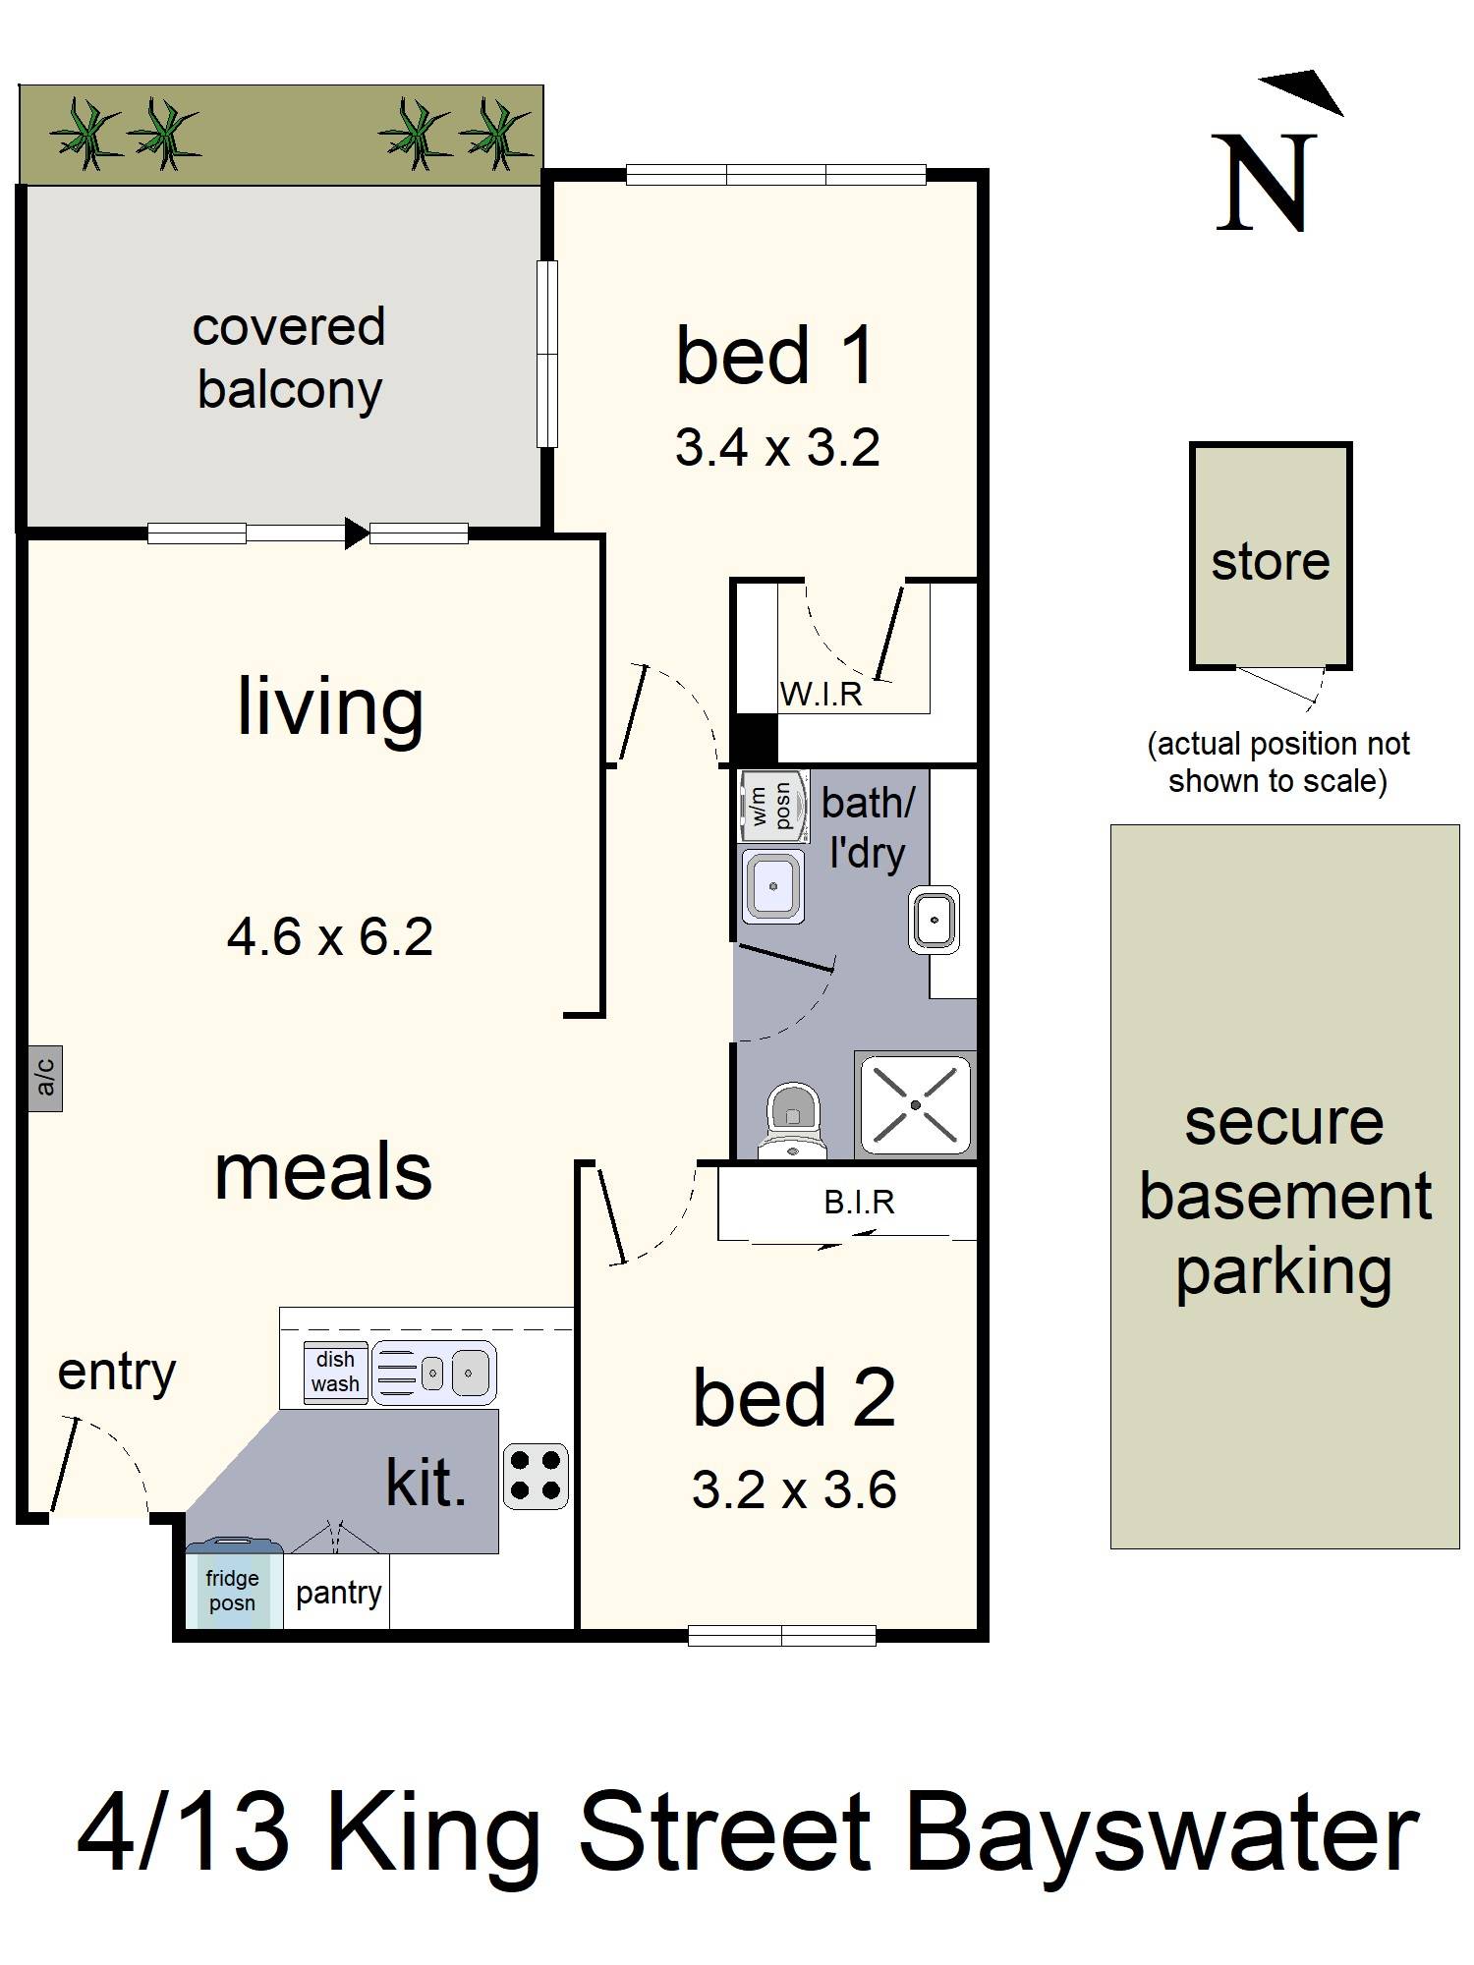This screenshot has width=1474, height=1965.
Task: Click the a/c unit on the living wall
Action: click(45, 1078)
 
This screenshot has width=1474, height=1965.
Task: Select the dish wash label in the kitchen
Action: click(335, 1372)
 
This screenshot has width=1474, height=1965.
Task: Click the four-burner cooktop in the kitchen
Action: click(536, 1476)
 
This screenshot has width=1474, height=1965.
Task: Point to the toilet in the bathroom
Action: click(794, 1120)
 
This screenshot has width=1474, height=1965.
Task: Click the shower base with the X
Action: click(915, 1104)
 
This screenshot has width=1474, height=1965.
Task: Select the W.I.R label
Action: click(821, 695)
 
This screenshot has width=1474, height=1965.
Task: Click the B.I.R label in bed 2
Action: click(859, 1203)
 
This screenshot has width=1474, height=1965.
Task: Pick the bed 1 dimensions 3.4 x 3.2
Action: click(776, 448)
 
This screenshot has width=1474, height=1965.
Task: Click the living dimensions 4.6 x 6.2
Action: click(329, 936)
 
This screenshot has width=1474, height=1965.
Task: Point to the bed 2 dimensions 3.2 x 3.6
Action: click(793, 1489)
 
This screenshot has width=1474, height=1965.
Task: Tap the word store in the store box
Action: click(1270, 561)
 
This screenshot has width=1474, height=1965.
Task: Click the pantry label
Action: click(338, 1593)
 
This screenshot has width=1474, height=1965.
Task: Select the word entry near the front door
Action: click(116, 1372)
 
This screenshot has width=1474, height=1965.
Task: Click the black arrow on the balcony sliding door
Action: click(356, 533)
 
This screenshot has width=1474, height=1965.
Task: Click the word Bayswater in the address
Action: click(1162, 1833)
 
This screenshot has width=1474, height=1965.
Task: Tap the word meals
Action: click(323, 1171)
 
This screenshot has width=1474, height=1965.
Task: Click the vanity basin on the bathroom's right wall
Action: click(934, 920)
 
